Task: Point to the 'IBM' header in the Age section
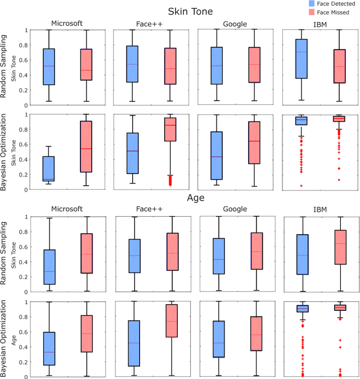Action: click(x=319, y=209)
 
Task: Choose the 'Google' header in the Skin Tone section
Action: click(x=236, y=24)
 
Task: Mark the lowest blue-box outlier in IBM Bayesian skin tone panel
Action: click(x=300, y=185)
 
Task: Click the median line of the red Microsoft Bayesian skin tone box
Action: click(x=86, y=149)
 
